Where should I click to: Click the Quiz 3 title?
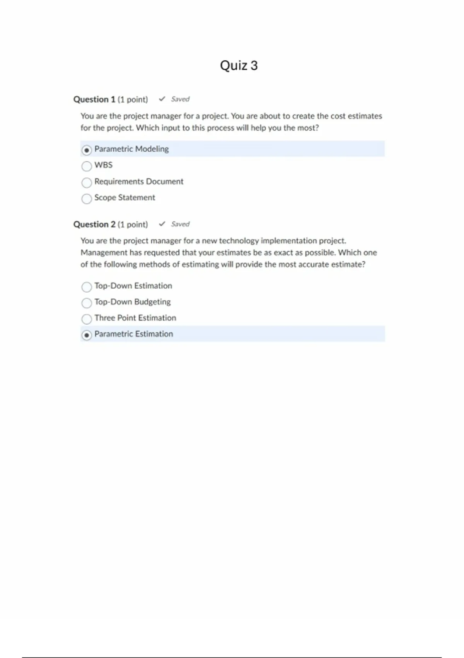coord(239,65)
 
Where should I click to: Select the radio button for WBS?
coord(87,166)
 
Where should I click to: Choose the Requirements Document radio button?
coord(87,182)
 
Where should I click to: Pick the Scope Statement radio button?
coord(87,199)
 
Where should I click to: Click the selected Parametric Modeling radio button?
coord(87,150)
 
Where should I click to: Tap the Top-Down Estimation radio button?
coord(87,287)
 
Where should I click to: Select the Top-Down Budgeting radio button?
coord(87,303)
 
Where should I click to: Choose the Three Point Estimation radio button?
coord(87,319)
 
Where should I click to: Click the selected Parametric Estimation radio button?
coord(87,335)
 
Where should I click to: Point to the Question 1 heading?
coord(94,99)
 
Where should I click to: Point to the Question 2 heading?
coord(94,224)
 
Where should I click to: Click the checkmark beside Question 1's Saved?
coord(162,99)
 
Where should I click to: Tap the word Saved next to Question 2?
coord(180,224)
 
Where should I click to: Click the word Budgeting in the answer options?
coord(152,302)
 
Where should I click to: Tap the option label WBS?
coord(103,165)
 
